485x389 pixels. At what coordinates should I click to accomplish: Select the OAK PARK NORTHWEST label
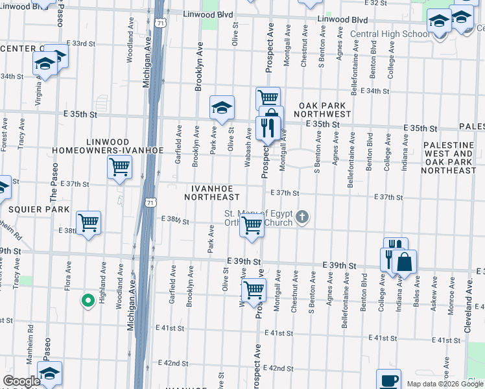click(x=324, y=110)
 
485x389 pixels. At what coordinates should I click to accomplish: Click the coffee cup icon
click(x=389, y=380)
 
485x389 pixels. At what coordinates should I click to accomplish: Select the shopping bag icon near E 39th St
click(x=405, y=261)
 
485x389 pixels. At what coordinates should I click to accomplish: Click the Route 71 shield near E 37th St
click(x=150, y=202)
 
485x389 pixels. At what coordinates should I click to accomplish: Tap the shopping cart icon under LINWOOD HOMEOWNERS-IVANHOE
click(x=120, y=167)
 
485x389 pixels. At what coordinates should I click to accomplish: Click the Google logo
click(x=21, y=381)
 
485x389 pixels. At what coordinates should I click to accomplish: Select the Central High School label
click(x=389, y=34)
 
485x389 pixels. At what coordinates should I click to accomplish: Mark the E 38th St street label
click(x=174, y=221)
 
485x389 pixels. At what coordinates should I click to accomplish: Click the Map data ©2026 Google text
click(x=445, y=384)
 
